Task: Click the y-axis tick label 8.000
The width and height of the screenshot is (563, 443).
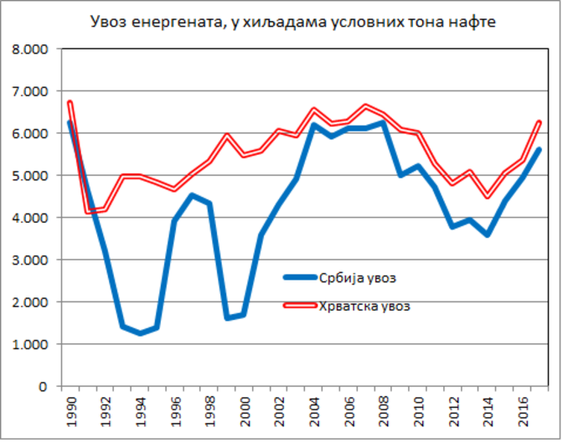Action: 29,49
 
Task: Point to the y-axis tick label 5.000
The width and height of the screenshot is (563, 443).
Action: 29,176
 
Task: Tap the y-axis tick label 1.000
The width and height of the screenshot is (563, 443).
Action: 29,344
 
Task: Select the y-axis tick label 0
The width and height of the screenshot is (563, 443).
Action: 43,386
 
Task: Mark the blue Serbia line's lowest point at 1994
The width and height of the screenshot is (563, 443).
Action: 140,333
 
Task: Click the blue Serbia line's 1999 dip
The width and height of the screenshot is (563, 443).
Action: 228,318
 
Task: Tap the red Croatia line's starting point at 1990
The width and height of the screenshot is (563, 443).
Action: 70,103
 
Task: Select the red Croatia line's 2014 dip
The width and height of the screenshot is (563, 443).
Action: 487,196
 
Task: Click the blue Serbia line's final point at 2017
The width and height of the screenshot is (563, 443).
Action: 540,150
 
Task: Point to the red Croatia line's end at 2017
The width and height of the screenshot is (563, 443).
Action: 540,122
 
